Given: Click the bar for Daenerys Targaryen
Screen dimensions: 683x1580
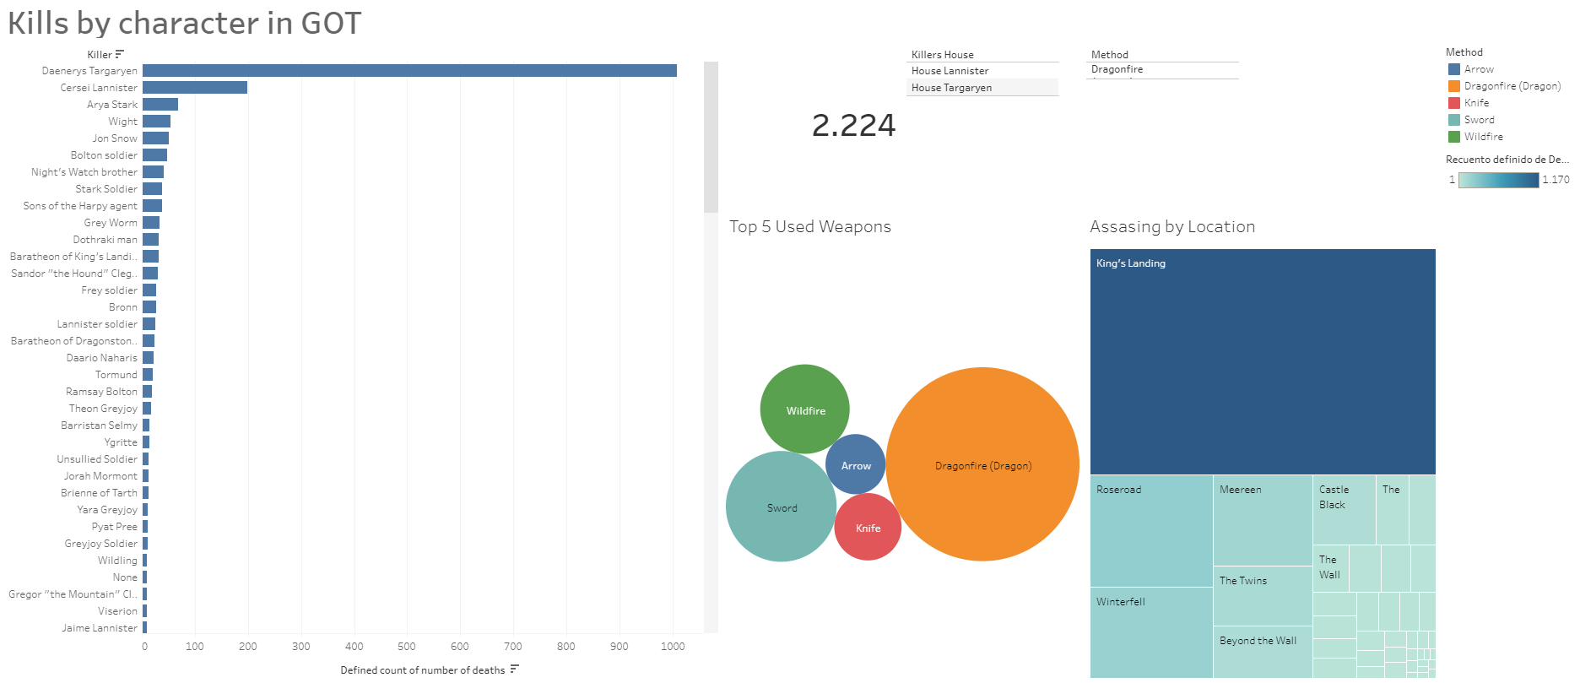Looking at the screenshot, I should tap(409, 71).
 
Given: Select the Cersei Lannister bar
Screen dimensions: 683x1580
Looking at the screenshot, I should tap(195, 88).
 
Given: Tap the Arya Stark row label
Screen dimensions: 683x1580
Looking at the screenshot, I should tap(111, 105).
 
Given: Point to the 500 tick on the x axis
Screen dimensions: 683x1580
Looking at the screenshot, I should tap(407, 647).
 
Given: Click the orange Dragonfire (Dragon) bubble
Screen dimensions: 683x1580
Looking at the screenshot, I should tap(982, 465).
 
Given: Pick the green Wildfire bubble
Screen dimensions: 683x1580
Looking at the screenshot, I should tap(805, 410).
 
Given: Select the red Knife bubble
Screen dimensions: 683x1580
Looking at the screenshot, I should tap(868, 528).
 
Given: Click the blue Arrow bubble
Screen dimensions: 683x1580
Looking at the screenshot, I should tap(856, 465).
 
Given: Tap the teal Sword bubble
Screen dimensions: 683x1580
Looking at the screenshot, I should tap(782, 507).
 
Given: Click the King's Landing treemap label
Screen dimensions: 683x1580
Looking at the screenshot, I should tap(1131, 263).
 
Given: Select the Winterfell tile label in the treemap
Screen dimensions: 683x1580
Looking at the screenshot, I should tap(1121, 602).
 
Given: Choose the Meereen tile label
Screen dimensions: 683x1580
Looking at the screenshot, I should tap(1240, 490).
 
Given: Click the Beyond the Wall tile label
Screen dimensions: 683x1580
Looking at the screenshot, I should tap(1258, 641).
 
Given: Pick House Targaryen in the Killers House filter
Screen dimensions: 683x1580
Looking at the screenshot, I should tap(951, 88).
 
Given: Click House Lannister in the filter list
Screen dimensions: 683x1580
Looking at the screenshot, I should tap(950, 71).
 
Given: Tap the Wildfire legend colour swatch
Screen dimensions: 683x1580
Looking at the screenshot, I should tap(1454, 137).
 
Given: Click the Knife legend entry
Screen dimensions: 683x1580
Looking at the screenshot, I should tap(1476, 103).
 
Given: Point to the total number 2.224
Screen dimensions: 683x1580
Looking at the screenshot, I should tap(853, 126).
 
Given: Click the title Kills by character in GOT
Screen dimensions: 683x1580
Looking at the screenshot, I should tap(184, 23).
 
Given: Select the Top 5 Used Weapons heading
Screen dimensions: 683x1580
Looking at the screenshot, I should tap(810, 226).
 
